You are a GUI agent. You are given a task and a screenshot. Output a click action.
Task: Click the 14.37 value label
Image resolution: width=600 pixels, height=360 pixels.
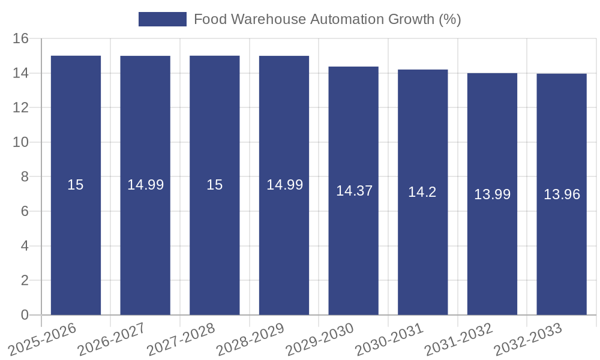[354, 191]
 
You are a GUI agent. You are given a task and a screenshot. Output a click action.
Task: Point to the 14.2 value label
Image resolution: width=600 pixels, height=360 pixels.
[422, 192]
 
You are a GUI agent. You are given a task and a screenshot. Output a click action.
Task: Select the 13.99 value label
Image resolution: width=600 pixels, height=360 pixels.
[492, 194]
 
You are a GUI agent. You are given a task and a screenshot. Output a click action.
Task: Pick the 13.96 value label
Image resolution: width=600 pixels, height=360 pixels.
[562, 194]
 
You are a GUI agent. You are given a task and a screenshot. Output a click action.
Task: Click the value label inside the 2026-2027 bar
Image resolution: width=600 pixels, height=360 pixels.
[145, 185]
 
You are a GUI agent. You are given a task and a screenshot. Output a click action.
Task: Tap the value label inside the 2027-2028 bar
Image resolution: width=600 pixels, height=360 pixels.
[215, 185]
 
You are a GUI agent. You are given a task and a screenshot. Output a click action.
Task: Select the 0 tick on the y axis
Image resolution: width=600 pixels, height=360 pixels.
[25, 315]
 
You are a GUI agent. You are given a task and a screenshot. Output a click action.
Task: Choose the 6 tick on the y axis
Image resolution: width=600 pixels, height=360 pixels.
[25, 211]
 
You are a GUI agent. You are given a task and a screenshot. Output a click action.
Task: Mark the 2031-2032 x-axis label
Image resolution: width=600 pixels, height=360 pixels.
[458, 340]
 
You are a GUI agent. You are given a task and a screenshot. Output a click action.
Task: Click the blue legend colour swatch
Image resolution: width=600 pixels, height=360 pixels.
[162, 19]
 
